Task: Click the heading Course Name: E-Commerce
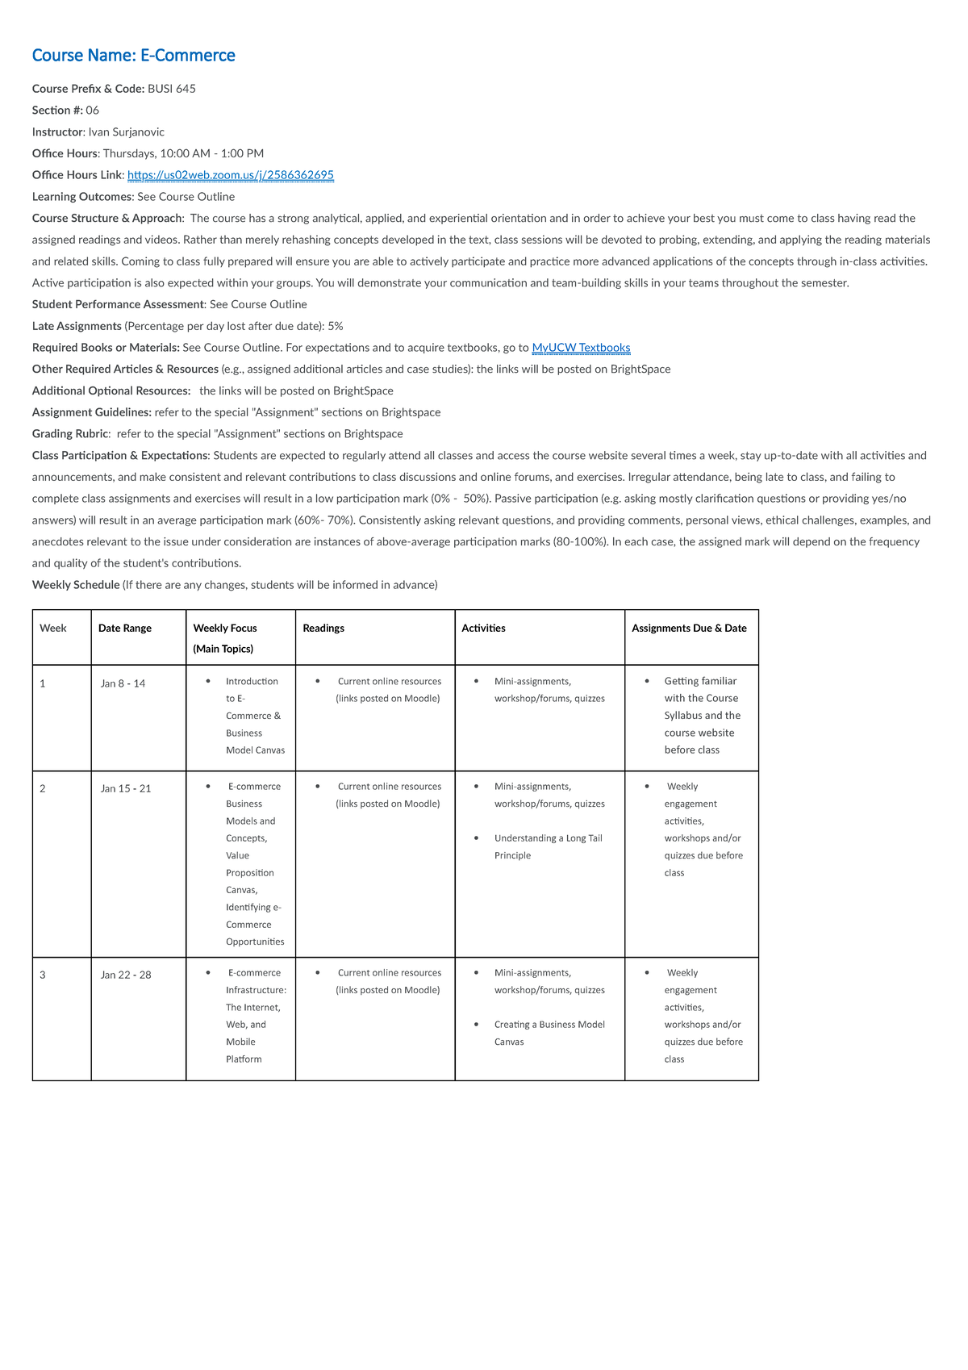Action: (133, 56)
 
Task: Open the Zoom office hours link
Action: (230, 175)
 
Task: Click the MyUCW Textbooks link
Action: (581, 348)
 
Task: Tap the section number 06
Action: (93, 111)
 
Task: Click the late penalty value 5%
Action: (336, 326)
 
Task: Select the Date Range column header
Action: (125, 629)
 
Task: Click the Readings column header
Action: (323, 629)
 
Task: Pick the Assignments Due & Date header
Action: (689, 629)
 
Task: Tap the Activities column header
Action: (483, 629)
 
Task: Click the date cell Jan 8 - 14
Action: (123, 684)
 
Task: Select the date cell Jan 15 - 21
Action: (126, 789)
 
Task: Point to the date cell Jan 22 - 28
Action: (126, 975)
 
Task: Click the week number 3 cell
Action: (43, 975)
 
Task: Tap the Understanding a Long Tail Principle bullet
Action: (548, 847)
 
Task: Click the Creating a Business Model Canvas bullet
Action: (549, 1034)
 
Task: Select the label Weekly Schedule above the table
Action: (76, 585)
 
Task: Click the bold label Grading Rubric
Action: (70, 434)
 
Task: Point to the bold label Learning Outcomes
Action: (81, 197)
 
